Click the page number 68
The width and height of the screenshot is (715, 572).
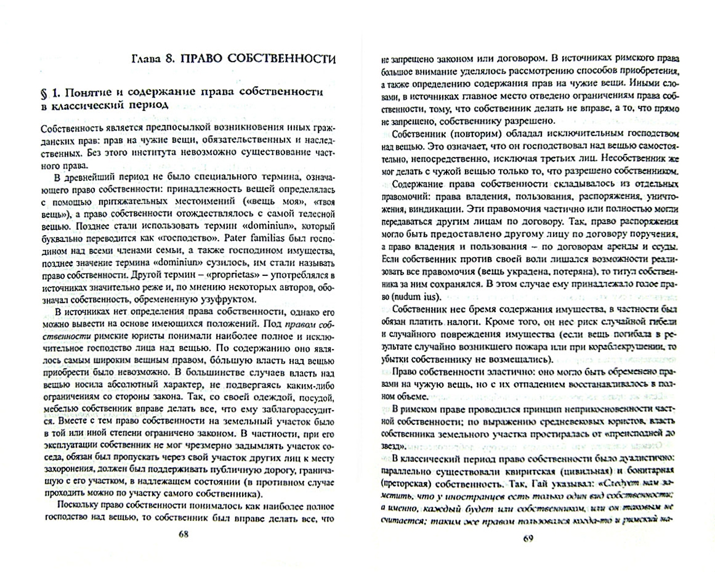coord(183,534)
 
